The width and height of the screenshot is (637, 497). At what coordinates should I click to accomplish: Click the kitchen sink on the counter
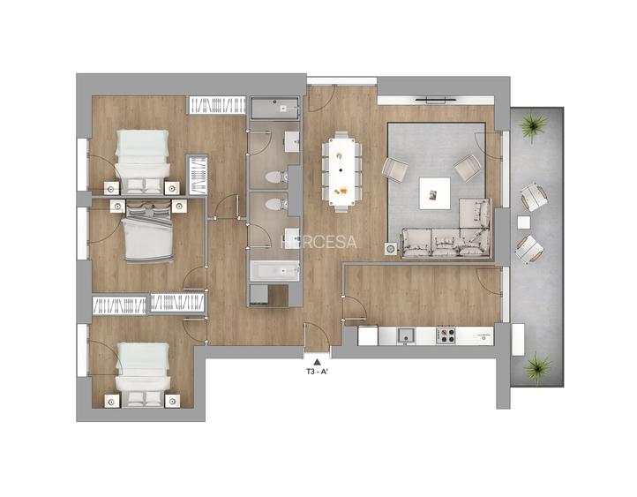(x=407, y=335)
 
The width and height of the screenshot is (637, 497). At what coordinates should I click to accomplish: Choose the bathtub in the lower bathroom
(x=274, y=270)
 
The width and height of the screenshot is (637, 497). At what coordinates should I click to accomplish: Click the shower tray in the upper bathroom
(x=276, y=109)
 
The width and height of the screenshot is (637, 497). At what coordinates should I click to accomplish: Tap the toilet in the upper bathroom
(x=275, y=177)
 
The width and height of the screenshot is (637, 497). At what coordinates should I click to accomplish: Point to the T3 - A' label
(x=318, y=372)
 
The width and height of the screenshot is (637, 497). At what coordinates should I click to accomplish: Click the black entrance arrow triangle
(x=318, y=360)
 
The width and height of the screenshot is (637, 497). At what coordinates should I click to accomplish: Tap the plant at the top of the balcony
(x=533, y=129)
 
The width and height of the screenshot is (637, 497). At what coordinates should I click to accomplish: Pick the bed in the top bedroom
(x=143, y=162)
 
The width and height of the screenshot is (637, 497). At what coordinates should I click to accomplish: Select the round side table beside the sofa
(x=391, y=250)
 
